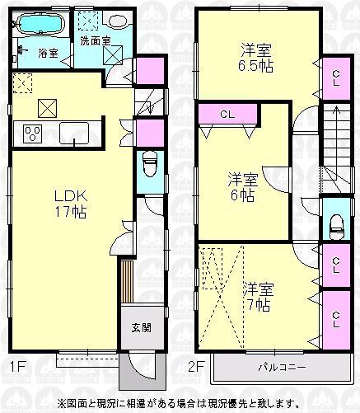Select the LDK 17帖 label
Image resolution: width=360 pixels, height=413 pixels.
[x=71, y=203]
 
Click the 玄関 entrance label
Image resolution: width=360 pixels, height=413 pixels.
[x=140, y=327]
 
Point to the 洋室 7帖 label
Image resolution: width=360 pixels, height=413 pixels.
[x=257, y=298]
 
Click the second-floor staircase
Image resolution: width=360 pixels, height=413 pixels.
[x=335, y=148]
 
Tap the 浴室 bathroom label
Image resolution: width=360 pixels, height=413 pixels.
[x=48, y=54]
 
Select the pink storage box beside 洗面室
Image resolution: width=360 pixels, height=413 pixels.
[x=145, y=73]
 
